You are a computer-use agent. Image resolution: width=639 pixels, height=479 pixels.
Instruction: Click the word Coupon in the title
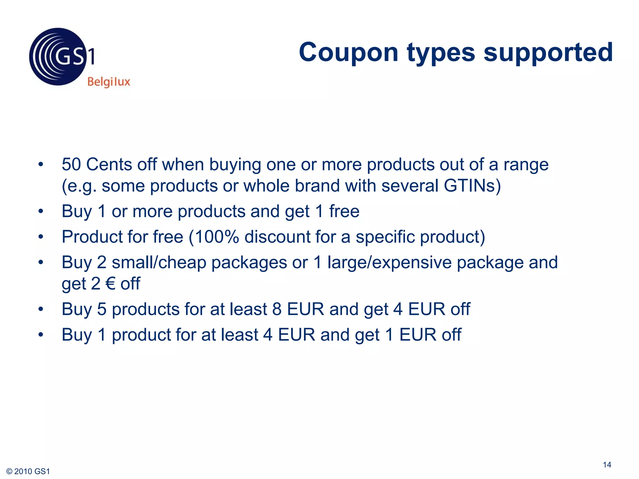(x=349, y=52)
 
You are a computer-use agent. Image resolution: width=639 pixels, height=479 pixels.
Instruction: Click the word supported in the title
(x=548, y=52)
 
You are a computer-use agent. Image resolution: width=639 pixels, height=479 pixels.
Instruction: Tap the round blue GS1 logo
(x=58, y=57)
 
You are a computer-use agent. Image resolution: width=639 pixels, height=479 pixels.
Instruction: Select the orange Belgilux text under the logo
(x=109, y=82)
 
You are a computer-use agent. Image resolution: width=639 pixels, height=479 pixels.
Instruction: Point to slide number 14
(x=607, y=465)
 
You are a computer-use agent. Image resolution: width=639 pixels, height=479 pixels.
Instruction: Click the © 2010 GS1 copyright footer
(x=28, y=471)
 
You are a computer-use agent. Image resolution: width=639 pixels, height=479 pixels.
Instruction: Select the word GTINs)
(x=472, y=186)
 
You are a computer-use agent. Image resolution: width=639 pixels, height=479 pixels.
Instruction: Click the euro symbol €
(x=110, y=283)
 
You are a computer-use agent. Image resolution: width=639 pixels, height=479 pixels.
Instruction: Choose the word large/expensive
(x=389, y=262)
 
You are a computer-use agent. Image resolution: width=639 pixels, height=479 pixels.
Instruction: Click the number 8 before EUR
(x=277, y=309)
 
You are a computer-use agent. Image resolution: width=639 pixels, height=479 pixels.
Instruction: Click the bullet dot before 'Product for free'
(x=41, y=237)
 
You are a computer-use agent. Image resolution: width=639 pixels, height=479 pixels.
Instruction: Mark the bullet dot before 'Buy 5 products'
(x=41, y=309)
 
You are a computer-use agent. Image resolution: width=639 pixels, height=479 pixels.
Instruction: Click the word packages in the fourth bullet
(x=249, y=263)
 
